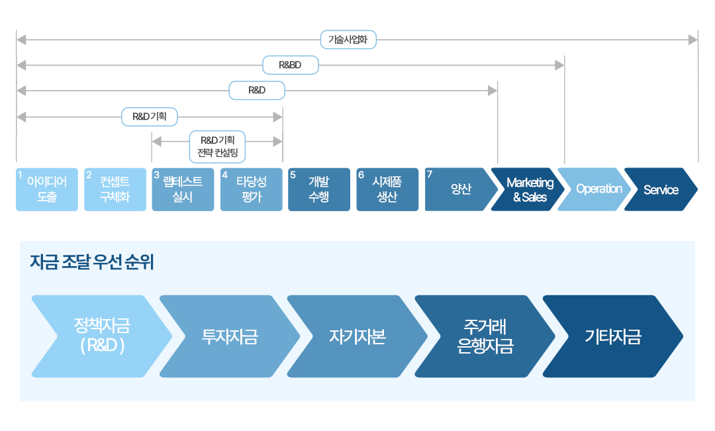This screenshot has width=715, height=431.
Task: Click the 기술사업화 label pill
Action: pyautogui.click(x=348, y=40)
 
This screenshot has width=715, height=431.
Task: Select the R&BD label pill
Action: pyautogui.click(x=290, y=66)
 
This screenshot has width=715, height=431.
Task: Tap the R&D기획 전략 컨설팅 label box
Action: pyautogui.click(x=217, y=146)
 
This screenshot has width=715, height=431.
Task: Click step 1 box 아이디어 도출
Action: pyautogui.click(x=47, y=189)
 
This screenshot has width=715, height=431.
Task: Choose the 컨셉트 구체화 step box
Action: pyautogui.click(x=115, y=189)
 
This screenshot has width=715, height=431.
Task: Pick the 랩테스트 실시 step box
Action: pyautogui.click(x=183, y=189)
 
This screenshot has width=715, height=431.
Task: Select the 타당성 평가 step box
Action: pyautogui.click(x=252, y=189)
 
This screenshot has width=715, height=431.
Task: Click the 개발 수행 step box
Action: pyautogui.click(x=319, y=189)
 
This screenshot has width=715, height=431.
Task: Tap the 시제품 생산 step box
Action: pyautogui.click(x=387, y=189)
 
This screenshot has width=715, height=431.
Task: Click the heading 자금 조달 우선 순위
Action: pyautogui.click(x=92, y=262)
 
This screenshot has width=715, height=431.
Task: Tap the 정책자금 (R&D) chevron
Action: pyautogui.click(x=102, y=336)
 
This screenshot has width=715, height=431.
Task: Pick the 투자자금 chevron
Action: pyautogui.click(x=230, y=336)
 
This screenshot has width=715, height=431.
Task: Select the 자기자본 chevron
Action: pyautogui.click(x=358, y=336)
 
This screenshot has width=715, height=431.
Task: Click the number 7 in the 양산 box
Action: pyautogui.click(x=430, y=174)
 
